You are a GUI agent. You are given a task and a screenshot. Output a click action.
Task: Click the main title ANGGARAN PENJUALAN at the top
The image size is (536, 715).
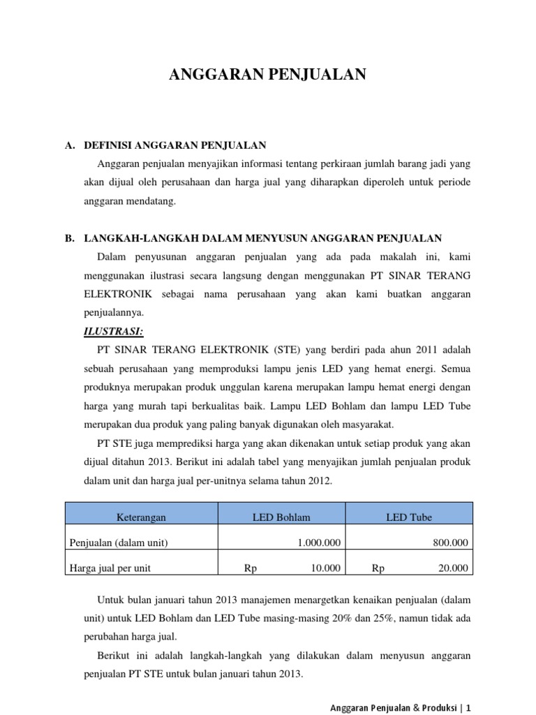[x=267, y=75]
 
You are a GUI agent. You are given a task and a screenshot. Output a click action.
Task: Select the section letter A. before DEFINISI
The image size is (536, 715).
[x=70, y=145]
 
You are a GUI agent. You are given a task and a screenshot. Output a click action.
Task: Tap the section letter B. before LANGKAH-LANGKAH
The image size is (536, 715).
[x=70, y=238]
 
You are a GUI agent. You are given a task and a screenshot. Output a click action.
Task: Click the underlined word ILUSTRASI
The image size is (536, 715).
[x=113, y=330]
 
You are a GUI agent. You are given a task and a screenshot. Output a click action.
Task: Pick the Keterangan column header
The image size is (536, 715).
[x=142, y=517]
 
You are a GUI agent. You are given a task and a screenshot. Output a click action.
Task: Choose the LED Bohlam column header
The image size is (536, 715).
[x=281, y=517]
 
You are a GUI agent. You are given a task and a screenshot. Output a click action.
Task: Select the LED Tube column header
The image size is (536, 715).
[x=409, y=517]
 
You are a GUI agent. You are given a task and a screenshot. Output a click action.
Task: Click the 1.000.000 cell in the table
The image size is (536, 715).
[x=319, y=543]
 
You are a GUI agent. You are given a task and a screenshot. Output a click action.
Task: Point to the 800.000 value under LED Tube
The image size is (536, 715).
[x=452, y=543]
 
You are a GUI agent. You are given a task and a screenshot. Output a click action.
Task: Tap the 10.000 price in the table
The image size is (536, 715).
[x=325, y=568]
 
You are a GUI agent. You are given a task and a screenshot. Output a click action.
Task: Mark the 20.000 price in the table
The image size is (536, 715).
[x=454, y=568]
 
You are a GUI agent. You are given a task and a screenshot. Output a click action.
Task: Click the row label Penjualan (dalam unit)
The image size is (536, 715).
[x=119, y=543]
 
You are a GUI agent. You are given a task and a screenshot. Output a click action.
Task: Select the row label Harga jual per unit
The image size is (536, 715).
[x=110, y=568]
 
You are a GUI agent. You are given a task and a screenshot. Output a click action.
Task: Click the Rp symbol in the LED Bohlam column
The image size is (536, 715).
[x=250, y=568]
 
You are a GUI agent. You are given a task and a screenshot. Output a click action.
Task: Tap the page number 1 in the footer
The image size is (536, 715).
[x=469, y=707]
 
